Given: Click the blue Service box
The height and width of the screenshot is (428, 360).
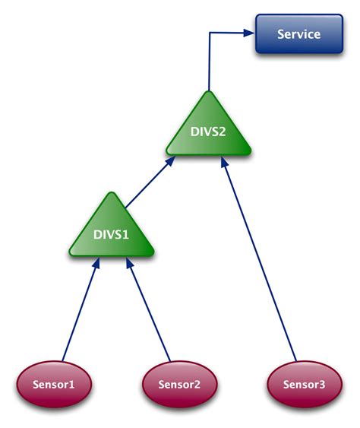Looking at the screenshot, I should click(x=299, y=34).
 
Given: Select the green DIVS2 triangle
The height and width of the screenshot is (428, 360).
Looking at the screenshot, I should click(x=207, y=131).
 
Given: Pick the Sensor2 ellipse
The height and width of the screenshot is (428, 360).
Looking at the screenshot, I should click(x=179, y=384).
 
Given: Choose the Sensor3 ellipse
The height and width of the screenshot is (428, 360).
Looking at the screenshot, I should click(x=305, y=384).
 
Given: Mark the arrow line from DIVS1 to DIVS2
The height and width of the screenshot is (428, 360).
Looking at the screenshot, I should click(x=147, y=183).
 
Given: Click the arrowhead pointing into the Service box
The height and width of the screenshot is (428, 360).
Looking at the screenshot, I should click(x=249, y=33).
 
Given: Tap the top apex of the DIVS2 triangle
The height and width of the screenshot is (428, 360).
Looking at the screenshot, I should click(x=207, y=93).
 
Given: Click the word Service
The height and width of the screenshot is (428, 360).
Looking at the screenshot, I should click(x=299, y=34).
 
